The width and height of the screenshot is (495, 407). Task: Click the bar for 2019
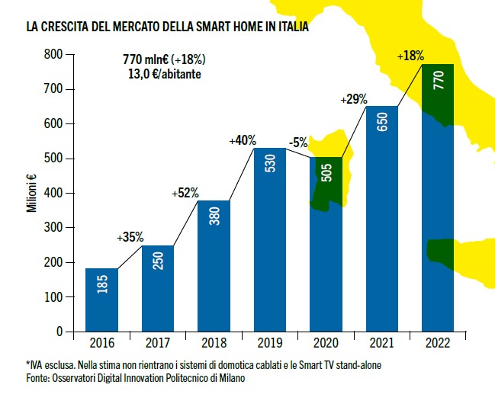point(269,239)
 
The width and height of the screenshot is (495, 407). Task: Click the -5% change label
point(297,142)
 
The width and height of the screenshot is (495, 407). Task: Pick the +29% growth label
point(355,99)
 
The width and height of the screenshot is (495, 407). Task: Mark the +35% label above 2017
point(130,237)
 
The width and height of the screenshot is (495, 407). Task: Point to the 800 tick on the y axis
point(53,55)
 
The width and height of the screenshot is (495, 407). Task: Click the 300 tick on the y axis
point(53,228)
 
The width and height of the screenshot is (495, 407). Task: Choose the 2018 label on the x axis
point(214,343)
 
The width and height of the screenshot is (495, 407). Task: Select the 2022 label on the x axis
point(438,343)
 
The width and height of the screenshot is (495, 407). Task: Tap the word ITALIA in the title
point(288,28)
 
